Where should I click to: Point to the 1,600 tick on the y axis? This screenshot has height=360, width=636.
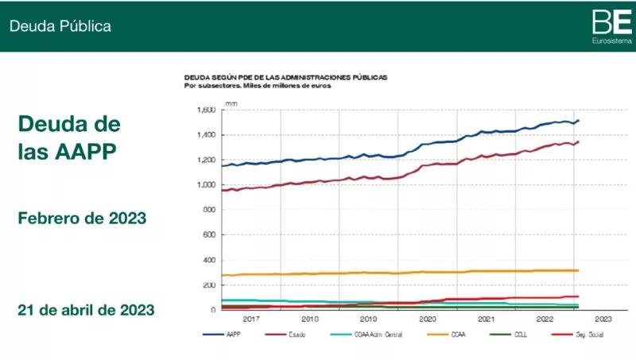(206, 110)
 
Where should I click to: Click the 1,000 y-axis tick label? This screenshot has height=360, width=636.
(206, 185)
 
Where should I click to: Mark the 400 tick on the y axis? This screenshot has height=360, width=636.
(209, 260)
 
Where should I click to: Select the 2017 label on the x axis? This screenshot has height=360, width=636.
(251, 319)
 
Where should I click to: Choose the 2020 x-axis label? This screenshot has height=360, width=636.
(427, 319)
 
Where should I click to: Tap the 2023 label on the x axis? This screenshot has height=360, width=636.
(603, 319)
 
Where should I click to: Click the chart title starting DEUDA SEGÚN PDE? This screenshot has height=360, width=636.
(286, 78)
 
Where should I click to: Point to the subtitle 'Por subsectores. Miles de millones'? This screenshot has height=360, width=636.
(258, 86)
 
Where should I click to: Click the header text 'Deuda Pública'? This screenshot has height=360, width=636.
(60, 26)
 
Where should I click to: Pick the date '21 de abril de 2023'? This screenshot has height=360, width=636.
(86, 309)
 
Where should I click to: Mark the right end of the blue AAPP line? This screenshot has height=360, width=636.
(578, 120)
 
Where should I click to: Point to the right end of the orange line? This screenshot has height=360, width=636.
(577, 270)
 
